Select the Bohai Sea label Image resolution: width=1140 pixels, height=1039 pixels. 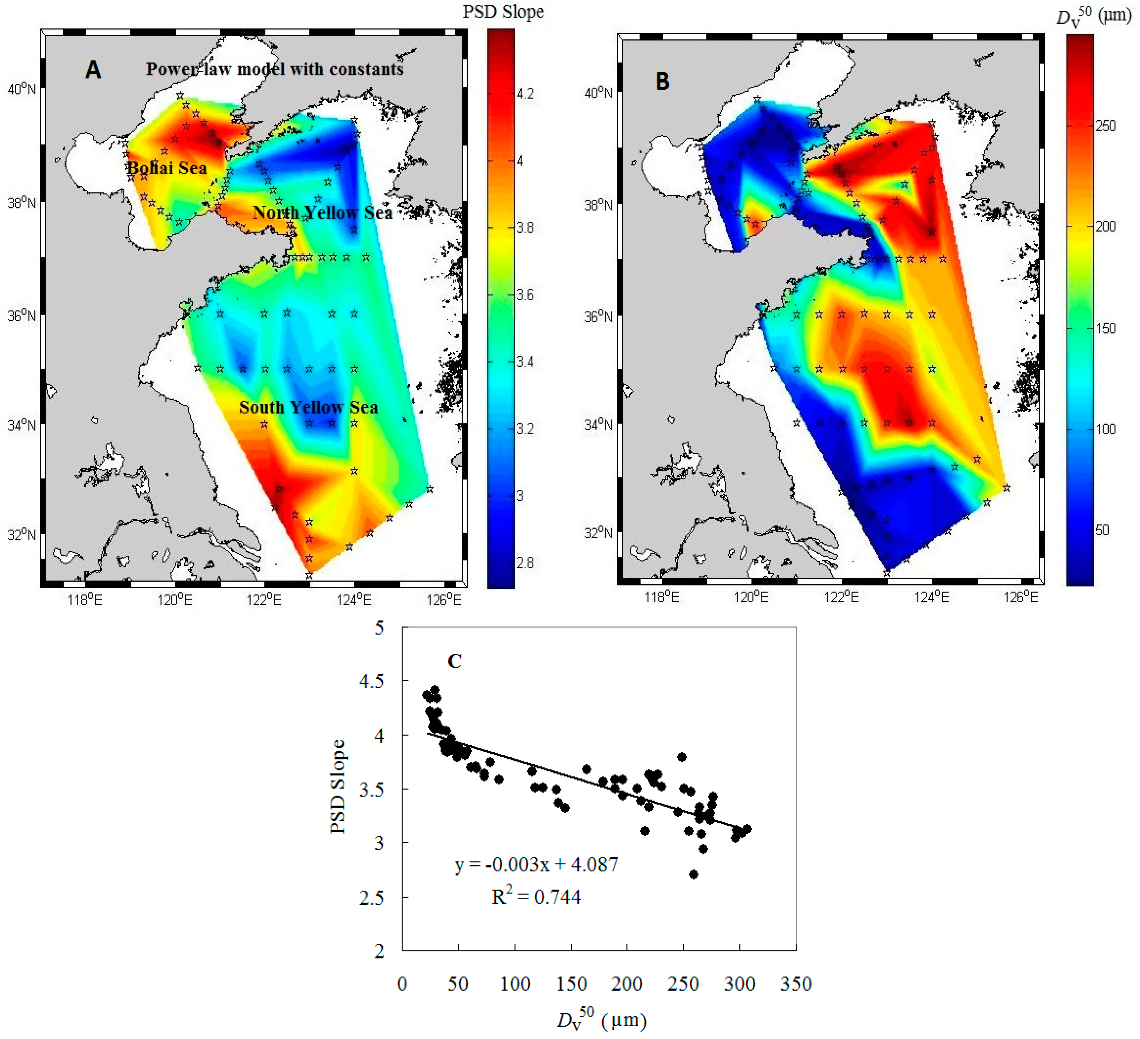167,168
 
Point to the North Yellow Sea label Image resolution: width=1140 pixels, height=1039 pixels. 322,213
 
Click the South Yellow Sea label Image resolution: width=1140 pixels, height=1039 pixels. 308,407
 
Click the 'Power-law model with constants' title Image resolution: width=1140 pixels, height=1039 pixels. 275,69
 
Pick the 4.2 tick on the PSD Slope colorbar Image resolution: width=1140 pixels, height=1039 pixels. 525,93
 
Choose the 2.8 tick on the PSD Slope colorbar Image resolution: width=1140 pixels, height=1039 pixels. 525,563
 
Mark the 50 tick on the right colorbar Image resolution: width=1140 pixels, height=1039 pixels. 1102,530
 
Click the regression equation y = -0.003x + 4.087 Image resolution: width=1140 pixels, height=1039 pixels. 536,865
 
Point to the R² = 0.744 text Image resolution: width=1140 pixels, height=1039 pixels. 536,897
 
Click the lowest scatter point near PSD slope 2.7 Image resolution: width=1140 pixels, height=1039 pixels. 693,874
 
